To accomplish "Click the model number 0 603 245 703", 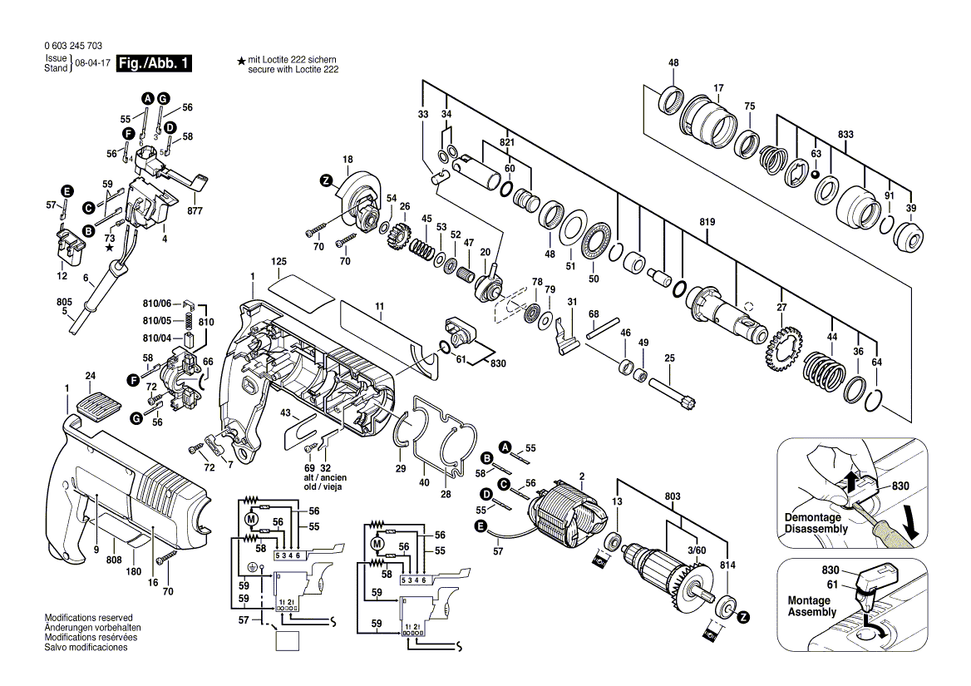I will [x=72, y=47].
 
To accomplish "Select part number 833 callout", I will [x=846, y=135].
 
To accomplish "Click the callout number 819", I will [x=707, y=222].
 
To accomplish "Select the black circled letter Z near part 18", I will [x=326, y=180].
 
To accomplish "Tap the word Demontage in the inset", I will [x=812, y=517].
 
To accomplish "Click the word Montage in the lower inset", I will [x=810, y=600].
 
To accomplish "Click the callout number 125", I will [x=278, y=262].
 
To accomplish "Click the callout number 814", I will [x=727, y=565].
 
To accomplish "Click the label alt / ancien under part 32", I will [x=325, y=478].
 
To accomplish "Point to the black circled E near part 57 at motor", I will [x=479, y=526].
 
